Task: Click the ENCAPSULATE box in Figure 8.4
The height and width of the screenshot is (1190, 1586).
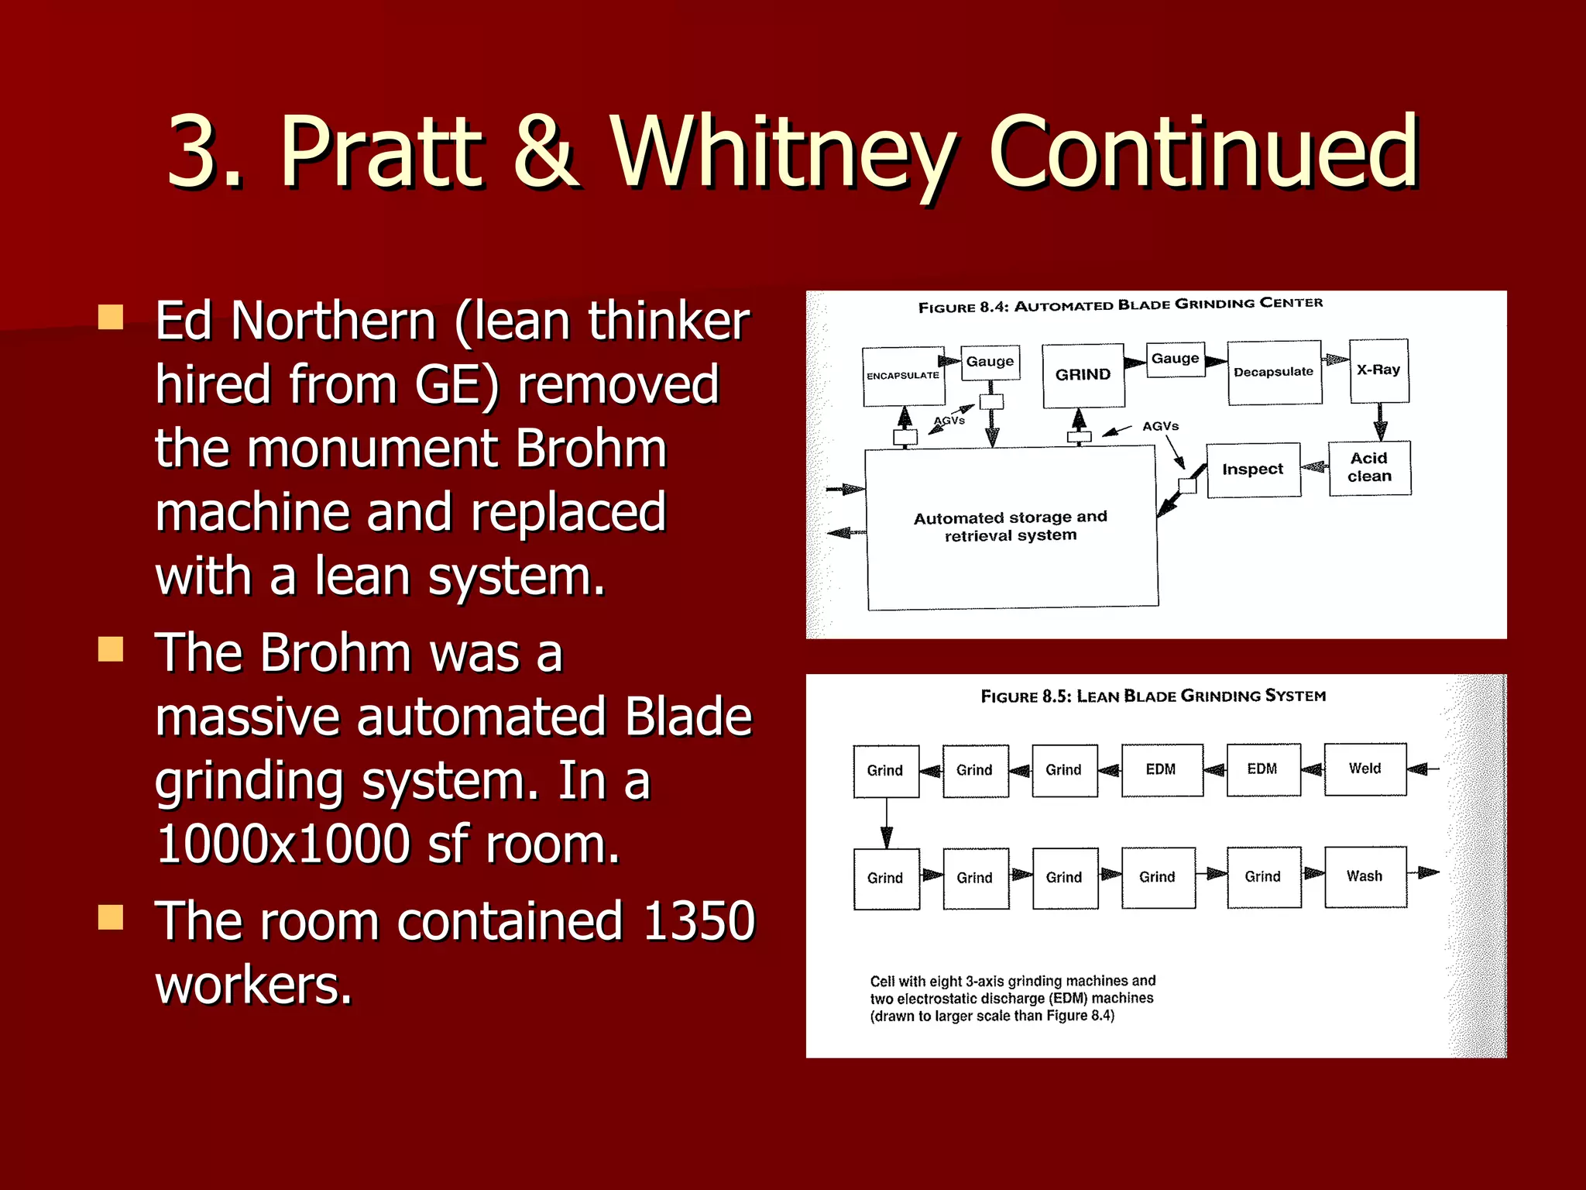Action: tap(903, 376)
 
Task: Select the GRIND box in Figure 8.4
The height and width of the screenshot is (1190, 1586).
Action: tap(1083, 375)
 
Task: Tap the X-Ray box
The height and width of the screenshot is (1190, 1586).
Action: tap(1378, 370)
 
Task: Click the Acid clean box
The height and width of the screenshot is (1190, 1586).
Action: tap(1369, 467)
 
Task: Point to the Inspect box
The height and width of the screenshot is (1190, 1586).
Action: tap(1252, 469)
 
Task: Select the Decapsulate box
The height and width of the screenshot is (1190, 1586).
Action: tap(1274, 372)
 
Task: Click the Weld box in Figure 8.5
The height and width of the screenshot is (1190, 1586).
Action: tap(1365, 769)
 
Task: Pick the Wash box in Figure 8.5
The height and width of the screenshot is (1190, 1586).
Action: tap(1365, 876)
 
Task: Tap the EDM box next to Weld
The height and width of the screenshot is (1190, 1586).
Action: tap(1262, 769)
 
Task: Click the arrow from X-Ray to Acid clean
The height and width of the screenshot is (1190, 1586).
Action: tap(1379, 422)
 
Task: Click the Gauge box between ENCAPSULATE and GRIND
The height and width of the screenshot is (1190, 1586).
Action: tap(990, 362)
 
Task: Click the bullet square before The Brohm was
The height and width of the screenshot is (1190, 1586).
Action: tap(111, 649)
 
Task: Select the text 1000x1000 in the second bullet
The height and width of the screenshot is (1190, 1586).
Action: tap(283, 844)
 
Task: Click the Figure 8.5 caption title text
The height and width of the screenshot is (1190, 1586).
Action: tap(1153, 696)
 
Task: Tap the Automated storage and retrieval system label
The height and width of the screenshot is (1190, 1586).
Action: tap(1010, 526)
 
